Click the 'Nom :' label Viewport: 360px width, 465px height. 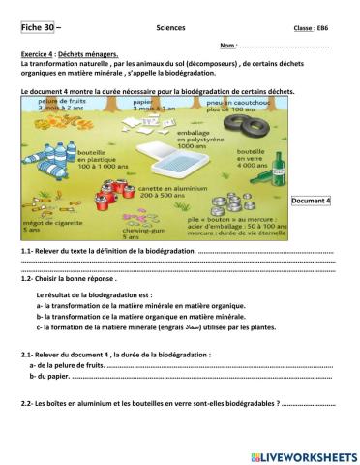(228, 46)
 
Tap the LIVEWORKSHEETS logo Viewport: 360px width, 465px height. (303, 455)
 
